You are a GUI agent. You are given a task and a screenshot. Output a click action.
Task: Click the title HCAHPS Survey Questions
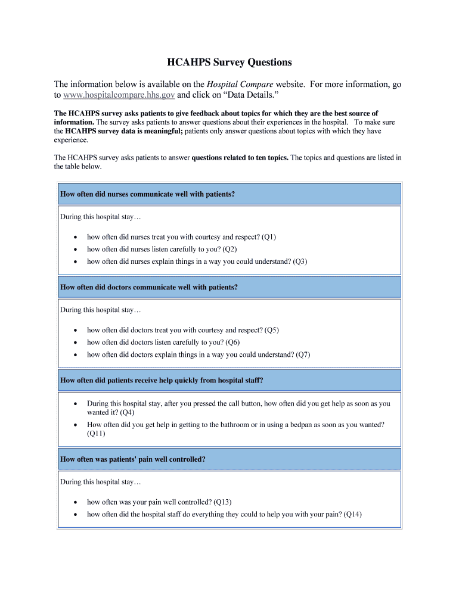[229, 62]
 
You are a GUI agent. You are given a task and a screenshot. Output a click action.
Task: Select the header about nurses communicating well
[147, 194]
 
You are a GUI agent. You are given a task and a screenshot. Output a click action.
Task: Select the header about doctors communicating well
[149, 287]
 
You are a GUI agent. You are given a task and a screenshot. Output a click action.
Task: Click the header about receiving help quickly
[162, 380]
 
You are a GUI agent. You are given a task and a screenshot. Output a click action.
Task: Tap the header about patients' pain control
[133, 459]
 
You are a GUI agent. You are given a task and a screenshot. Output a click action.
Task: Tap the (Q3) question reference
[300, 262]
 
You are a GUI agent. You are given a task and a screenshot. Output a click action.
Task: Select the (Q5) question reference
[271, 330]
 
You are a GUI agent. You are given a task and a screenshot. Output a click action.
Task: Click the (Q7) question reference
[303, 354]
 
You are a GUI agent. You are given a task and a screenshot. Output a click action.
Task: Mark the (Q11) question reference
[96, 434]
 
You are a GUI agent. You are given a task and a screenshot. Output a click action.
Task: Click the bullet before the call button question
[75, 404]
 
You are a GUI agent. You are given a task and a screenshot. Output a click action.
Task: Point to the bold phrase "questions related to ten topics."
[240, 158]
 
